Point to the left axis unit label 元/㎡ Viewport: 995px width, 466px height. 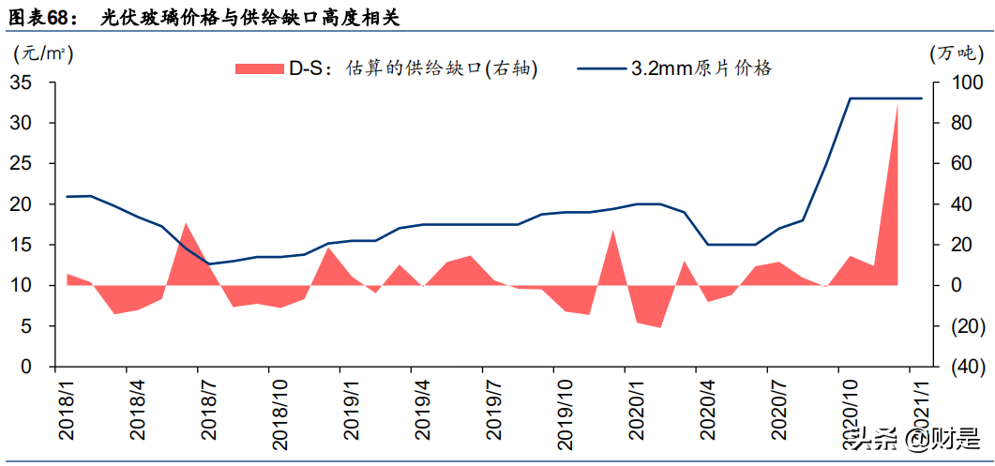[x=43, y=54]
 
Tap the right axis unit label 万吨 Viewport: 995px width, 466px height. [x=954, y=54]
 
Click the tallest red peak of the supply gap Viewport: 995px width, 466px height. [x=897, y=105]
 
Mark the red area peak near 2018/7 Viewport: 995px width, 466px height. [x=186, y=224]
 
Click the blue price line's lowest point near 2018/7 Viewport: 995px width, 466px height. [x=208, y=263]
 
